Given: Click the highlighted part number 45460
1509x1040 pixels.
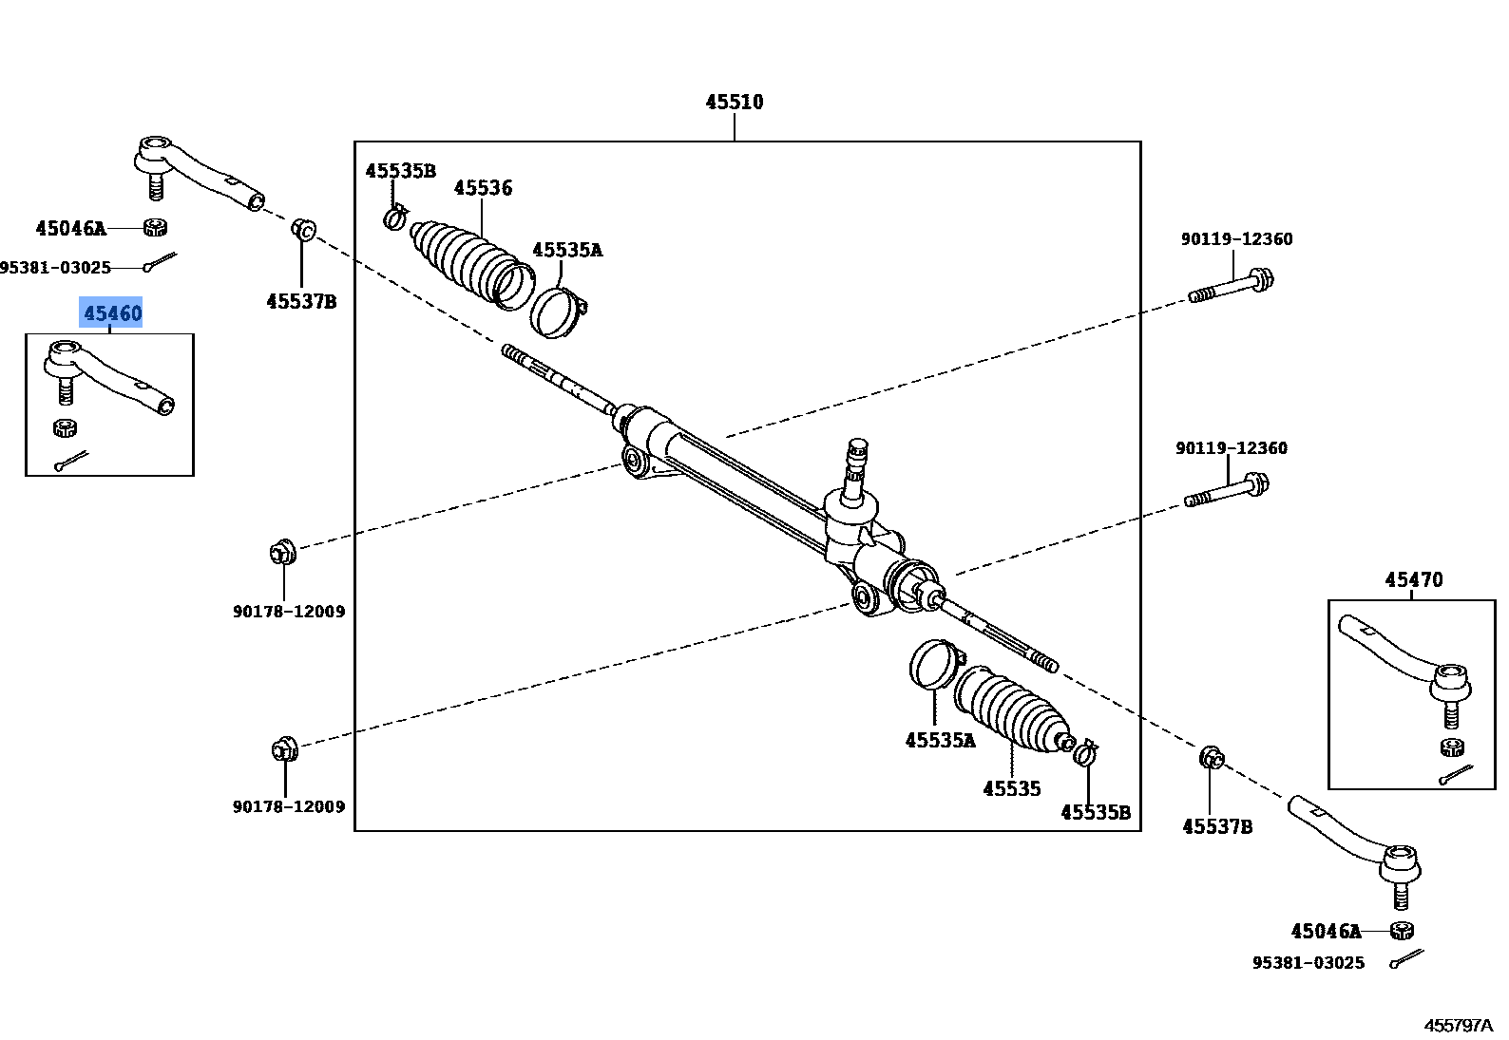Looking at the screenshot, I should (x=111, y=313).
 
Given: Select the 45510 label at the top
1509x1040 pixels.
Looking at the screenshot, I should (x=734, y=102).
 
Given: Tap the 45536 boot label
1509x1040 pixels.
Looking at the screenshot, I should (x=483, y=188).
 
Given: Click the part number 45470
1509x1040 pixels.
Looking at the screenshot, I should (x=1413, y=579).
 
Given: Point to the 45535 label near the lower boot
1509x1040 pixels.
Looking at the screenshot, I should (x=1011, y=788).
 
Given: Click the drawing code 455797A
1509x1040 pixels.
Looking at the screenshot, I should (x=1458, y=1025).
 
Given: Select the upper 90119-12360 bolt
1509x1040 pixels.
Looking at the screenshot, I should (x=1231, y=286).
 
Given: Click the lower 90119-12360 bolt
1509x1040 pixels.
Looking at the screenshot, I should (x=1226, y=491).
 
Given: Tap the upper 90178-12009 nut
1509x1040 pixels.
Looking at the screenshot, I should (x=283, y=551).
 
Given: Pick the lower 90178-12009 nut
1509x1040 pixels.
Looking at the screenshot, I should (x=283, y=749).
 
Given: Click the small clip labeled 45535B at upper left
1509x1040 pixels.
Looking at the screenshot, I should (x=395, y=217).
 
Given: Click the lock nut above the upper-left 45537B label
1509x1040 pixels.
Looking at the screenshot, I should (x=304, y=230).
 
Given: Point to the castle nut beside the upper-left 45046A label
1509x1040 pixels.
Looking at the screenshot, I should (x=156, y=227).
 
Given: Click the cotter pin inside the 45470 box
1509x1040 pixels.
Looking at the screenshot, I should (x=1455, y=775).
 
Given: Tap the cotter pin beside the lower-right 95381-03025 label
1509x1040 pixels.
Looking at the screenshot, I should (x=1406, y=959).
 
